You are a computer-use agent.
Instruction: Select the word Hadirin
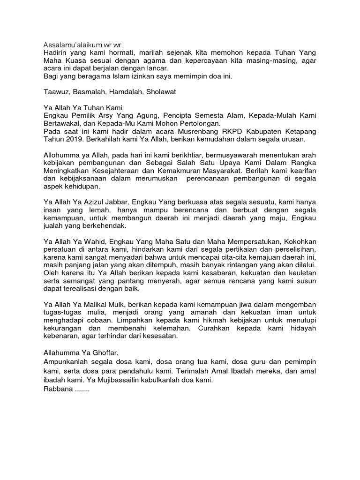[55, 54]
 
